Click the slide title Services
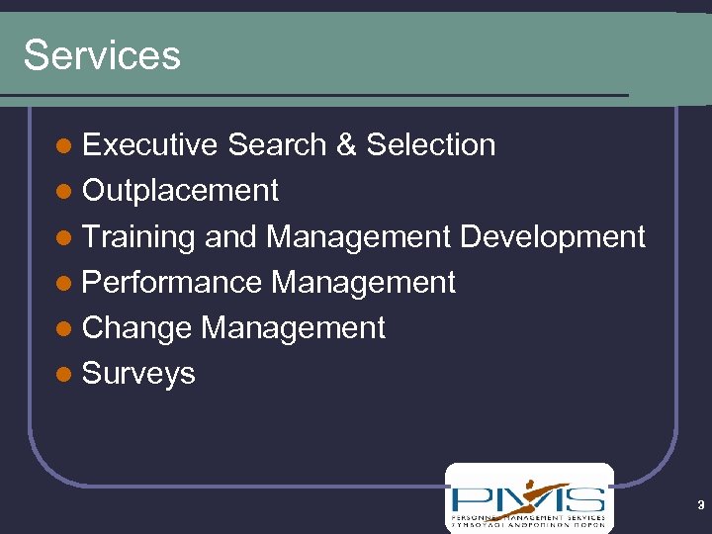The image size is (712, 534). tap(102, 55)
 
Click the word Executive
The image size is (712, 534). tap(150, 144)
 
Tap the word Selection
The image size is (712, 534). tap(430, 144)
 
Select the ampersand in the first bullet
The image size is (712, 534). tap(345, 144)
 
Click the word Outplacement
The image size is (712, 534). tap(180, 191)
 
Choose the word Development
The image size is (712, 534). tap(553, 237)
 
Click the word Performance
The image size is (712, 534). tap(172, 283)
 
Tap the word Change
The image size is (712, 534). tap(136, 328)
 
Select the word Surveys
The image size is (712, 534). tap(138, 375)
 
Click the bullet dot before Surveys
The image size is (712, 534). tap(64, 375)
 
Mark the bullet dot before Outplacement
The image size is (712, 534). tap(64, 192)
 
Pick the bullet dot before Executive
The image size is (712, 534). tap(64, 146)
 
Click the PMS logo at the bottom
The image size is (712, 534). tap(529, 497)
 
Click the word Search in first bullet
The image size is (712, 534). tap(277, 144)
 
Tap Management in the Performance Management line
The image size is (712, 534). tap(363, 283)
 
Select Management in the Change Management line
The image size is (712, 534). tap(293, 328)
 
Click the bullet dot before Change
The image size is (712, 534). tap(64, 329)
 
